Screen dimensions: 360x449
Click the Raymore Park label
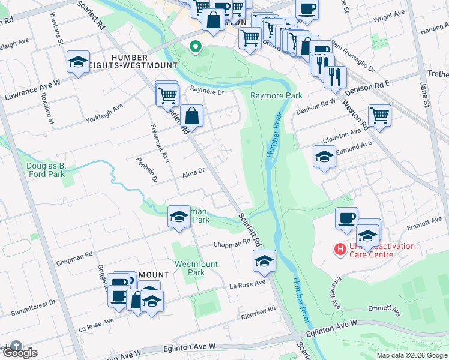tap(268, 95)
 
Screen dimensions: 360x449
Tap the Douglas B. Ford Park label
tap(45, 170)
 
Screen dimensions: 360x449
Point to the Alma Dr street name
tap(193, 172)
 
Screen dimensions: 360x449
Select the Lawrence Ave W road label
tap(33, 89)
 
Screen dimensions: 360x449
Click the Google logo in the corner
tap(19, 353)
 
